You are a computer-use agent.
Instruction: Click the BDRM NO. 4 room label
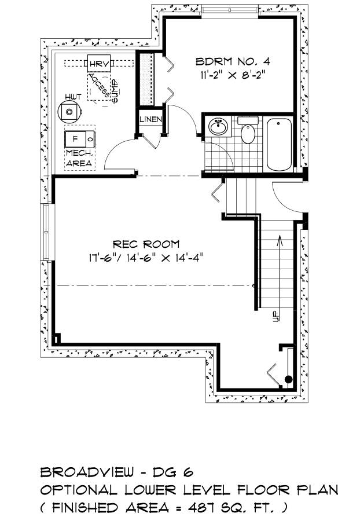point(233,61)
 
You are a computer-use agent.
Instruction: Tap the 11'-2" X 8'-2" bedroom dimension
point(233,75)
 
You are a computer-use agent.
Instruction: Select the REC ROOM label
point(146,244)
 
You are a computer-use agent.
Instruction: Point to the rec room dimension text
point(145,258)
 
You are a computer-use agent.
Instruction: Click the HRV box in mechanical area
point(99,64)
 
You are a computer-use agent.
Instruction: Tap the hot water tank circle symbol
point(69,112)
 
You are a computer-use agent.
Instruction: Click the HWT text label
point(73,97)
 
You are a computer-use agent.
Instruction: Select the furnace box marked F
point(80,139)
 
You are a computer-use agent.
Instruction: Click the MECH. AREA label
point(79,158)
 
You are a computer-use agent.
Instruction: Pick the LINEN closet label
point(150,119)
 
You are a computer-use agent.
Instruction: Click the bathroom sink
point(218,126)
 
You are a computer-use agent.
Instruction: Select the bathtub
point(279,144)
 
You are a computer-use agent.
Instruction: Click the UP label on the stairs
point(275,316)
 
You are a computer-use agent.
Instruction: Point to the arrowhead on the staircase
point(280,240)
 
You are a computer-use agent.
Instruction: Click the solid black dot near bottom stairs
point(288,379)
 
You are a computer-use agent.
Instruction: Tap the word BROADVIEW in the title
point(87,472)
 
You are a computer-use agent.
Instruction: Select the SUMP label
point(115,91)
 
